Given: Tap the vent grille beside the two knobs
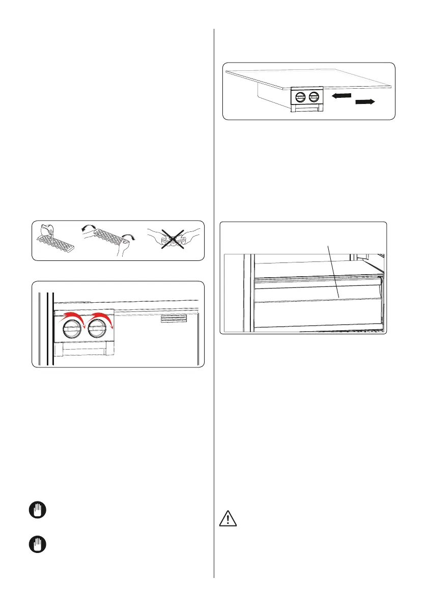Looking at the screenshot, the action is (173, 319).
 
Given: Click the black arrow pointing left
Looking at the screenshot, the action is (340, 95).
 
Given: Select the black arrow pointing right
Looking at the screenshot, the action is (364, 102).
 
